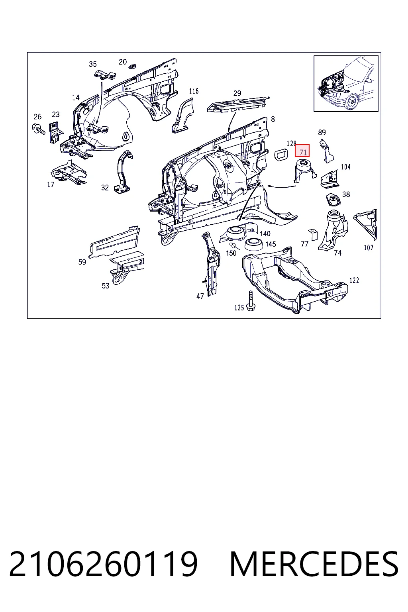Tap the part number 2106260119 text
pos(103,564)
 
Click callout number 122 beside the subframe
pos(354,280)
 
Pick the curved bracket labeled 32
pos(124,172)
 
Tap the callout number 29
pos(237,93)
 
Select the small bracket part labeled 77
pos(314,234)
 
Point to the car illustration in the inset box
pos(346,84)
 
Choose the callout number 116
pos(194,91)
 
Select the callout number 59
pos(82,262)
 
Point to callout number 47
pos(200,296)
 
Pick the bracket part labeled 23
pos(55,133)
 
